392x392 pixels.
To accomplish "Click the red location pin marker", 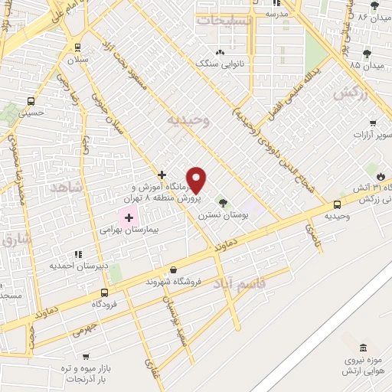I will pyautogui.click(x=197, y=180).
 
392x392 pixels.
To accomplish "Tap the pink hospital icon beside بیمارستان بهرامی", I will pyautogui.click(x=129, y=217).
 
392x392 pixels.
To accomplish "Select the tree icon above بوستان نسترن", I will pyautogui.click(x=223, y=203).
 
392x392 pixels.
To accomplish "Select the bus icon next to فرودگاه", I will pyautogui.click(x=104, y=292).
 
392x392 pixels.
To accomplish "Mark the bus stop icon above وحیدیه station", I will pyautogui.click(x=337, y=204).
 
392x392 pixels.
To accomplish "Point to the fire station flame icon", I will pyautogui.click(x=381, y=175).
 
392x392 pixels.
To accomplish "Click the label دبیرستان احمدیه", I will pyautogui.click(x=78, y=266).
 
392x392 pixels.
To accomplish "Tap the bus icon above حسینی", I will pyautogui.click(x=31, y=101).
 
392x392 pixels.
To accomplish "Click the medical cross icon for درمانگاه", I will pyautogui.click(x=162, y=175).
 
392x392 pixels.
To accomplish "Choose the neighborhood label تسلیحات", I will pyautogui.click(x=224, y=21).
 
